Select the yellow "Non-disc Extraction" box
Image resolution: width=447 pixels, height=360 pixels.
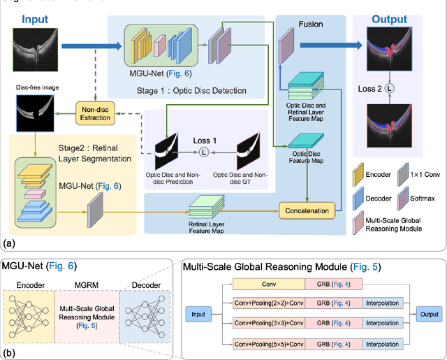click(x=95, y=113)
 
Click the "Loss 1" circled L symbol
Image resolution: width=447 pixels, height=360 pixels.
click(x=203, y=152)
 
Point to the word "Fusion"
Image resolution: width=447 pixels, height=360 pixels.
click(x=310, y=24)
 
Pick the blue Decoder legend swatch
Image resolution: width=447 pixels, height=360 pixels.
click(x=358, y=198)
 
